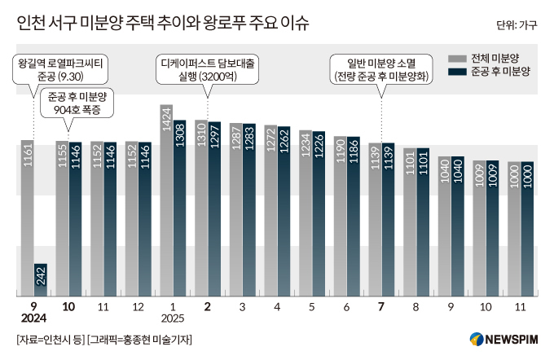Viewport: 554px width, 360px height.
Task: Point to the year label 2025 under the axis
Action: (x=173, y=318)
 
